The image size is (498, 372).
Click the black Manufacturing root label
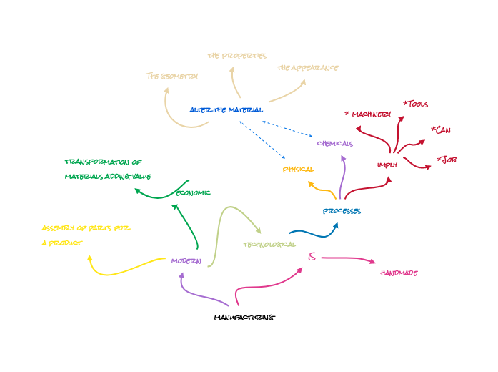coord(244,317)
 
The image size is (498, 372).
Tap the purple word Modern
coord(186,261)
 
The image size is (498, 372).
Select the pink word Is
coord(312,257)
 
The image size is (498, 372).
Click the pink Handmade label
coord(399,273)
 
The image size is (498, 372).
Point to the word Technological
coord(269,244)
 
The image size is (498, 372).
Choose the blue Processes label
coord(342,211)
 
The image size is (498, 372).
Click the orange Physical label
coord(298,170)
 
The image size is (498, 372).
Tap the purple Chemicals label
coord(334,143)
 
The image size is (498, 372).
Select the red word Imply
coord(387,165)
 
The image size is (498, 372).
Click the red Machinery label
coord(369,114)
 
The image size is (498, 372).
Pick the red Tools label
coord(416,104)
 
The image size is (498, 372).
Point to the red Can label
coord(441,129)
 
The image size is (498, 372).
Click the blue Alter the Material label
coord(226,110)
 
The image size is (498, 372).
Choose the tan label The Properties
coord(236,55)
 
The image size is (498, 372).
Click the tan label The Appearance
coord(307,68)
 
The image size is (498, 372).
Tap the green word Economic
coord(193,192)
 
